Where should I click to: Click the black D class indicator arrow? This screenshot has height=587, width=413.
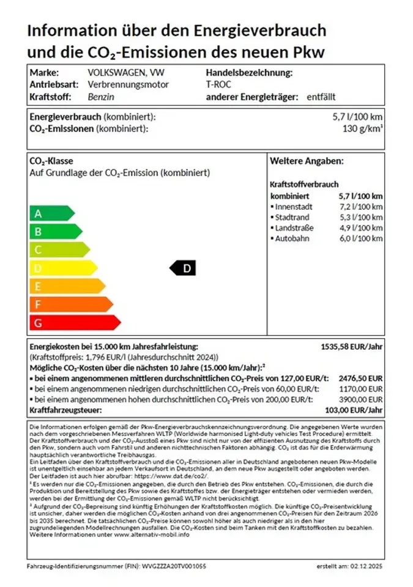(x=182, y=267)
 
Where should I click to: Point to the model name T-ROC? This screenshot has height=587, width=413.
(x=218, y=84)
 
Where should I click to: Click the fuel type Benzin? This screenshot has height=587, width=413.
(x=101, y=97)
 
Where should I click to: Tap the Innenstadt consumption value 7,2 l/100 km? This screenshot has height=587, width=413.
(x=360, y=207)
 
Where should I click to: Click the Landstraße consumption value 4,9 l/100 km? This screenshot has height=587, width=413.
(x=360, y=227)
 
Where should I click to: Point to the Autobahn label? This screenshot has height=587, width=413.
(x=293, y=238)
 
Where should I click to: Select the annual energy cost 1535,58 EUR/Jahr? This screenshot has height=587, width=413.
(x=352, y=346)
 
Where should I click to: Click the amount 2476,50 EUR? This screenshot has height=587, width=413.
(x=360, y=378)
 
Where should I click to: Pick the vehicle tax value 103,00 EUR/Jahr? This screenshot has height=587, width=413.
(x=355, y=410)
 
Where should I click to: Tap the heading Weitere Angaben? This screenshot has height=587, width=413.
(x=307, y=161)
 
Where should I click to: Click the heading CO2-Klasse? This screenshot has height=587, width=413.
(x=51, y=161)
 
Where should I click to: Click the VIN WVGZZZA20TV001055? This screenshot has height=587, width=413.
(x=173, y=566)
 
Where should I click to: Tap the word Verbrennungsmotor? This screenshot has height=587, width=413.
(x=128, y=84)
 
